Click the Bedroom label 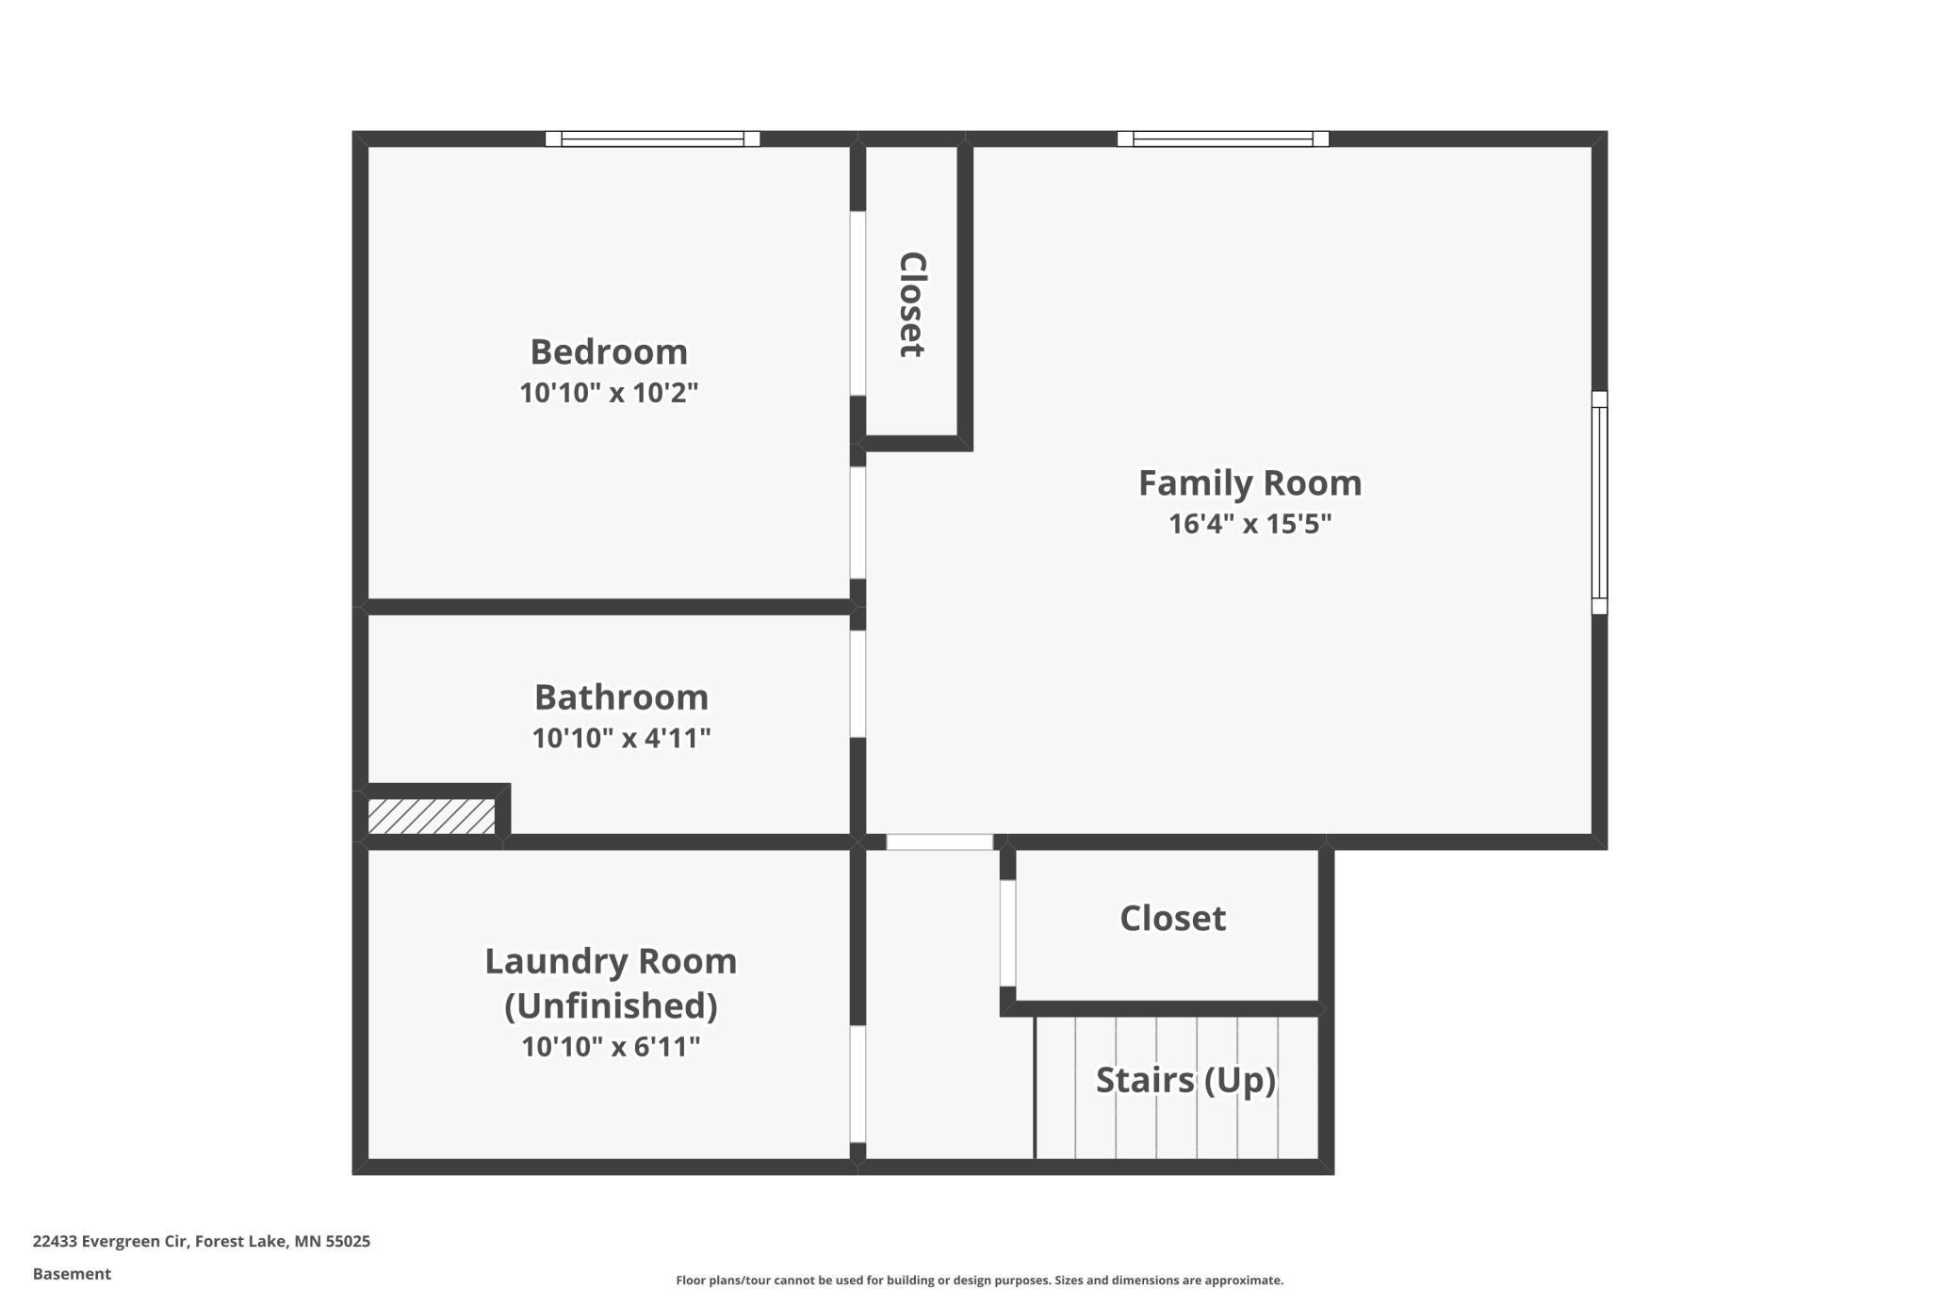tap(609, 351)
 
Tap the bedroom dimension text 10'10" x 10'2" tap(609, 393)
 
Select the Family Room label tap(1249, 482)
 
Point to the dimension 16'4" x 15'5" tap(1249, 523)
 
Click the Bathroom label tap(621, 697)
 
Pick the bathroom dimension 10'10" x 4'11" tap(621, 738)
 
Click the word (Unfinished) tap(611, 1005)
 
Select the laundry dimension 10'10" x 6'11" tap(611, 1047)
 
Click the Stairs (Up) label tap(1185, 1080)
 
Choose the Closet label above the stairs tap(1172, 918)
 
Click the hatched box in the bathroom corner tap(432, 816)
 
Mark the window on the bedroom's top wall tap(652, 139)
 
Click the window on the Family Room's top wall tap(1222, 139)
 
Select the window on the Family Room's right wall tap(1599, 502)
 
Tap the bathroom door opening tap(857, 683)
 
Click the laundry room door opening tap(857, 1084)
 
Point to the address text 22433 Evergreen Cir tap(111, 1241)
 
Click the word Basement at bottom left tap(72, 1274)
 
